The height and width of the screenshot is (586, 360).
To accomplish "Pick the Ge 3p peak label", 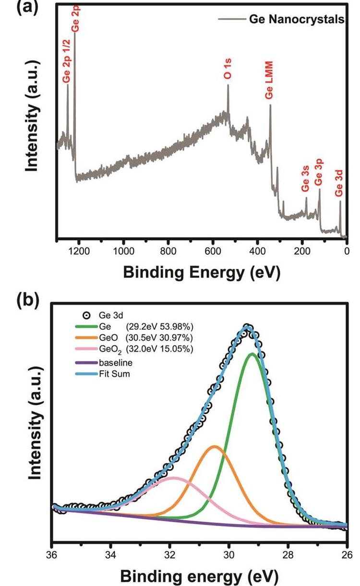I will (319, 173).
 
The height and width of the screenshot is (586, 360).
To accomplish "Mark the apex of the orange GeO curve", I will (215, 446).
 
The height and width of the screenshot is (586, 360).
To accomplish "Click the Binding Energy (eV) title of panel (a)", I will (202, 272).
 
